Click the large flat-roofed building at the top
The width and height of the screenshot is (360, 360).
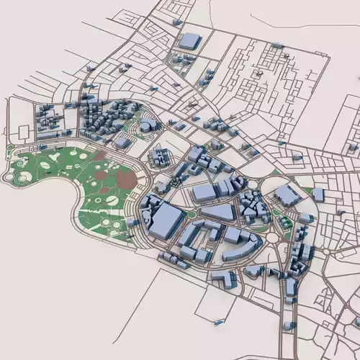point(189,41)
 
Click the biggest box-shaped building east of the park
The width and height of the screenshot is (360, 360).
point(166,220)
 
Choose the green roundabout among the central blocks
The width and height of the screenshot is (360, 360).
point(193,213)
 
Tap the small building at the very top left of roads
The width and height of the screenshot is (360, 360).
point(177,22)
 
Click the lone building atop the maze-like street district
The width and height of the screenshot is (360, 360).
point(276,45)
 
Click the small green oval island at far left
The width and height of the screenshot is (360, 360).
point(10,149)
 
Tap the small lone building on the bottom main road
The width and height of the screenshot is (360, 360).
point(288,325)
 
